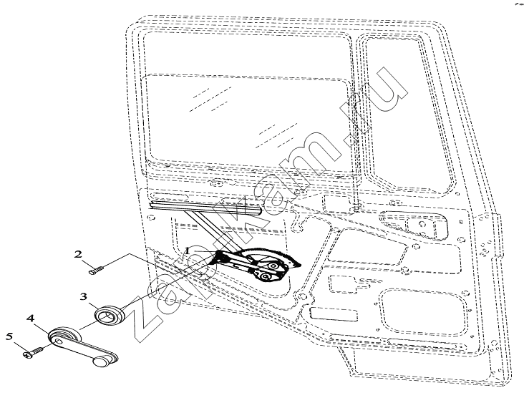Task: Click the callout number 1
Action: click(x=188, y=250)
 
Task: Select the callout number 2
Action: click(x=78, y=254)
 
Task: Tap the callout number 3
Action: click(x=84, y=296)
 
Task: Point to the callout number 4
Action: click(x=30, y=318)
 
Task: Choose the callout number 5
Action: click(x=9, y=336)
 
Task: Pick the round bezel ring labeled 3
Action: click(x=110, y=314)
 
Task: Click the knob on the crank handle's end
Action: click(x=101, y=361)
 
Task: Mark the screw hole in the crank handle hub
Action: click(x=59, y=341)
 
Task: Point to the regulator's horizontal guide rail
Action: click(x=205, y=208)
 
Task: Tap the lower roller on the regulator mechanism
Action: click(x=265, y=276)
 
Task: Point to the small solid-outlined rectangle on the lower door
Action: click(x=334, y=314)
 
